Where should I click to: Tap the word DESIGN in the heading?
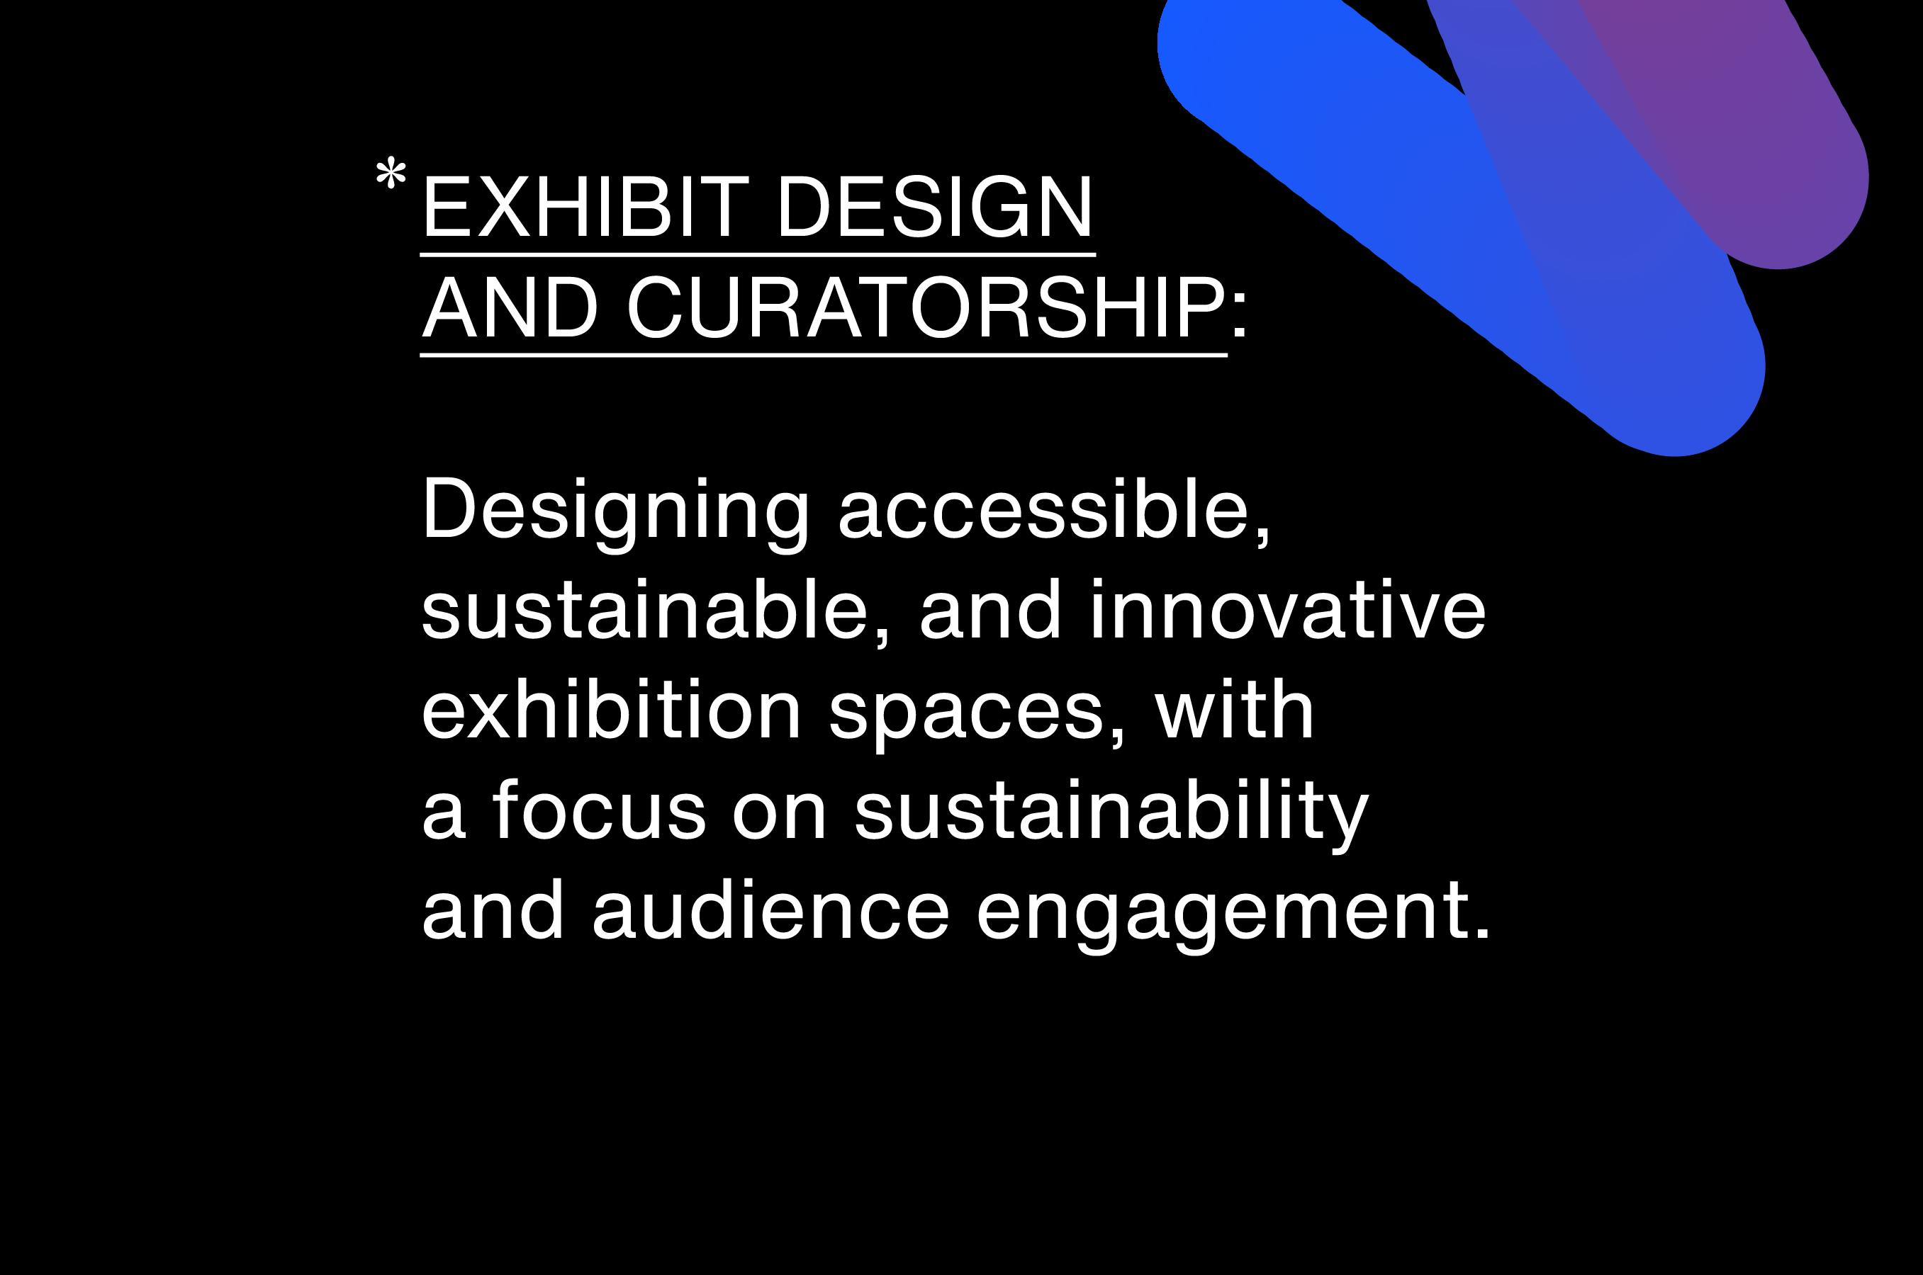point(935,208)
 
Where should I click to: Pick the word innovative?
point(1289,610)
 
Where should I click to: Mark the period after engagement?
point(1482,933)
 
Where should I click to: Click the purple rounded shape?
point(1749,138)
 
